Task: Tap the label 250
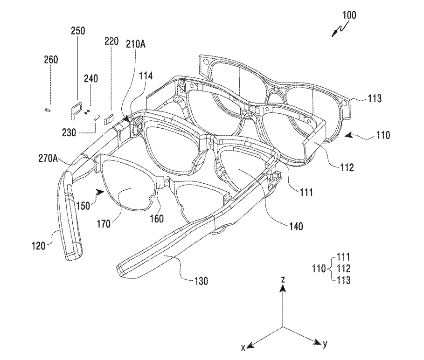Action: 78,31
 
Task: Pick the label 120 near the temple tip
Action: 40,245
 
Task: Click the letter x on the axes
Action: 243,347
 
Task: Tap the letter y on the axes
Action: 325,344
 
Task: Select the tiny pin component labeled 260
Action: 48,110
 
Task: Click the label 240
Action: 91,79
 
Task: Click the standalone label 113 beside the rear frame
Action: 374,98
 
